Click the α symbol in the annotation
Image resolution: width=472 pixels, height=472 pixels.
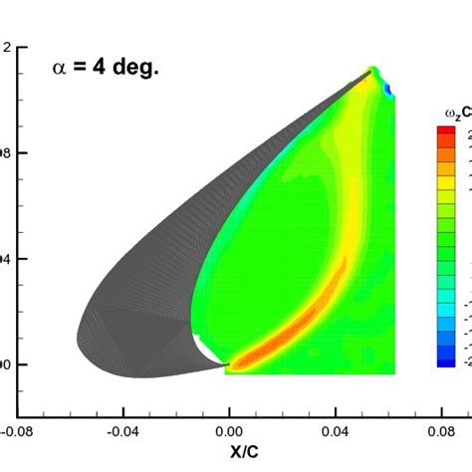click(x=60, y=70)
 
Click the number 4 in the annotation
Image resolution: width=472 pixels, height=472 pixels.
click(x=100, y=70)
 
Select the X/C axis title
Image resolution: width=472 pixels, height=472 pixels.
click(x=229, y=457)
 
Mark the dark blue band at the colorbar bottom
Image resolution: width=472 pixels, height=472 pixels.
click(x=447, y=360)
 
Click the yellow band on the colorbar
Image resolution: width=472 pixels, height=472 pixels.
click(x=447, y=199)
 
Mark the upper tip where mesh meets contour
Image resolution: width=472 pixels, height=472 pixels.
click(x=372, y=71)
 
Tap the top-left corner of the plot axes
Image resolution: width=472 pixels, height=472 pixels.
click(x=17, y=47)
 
